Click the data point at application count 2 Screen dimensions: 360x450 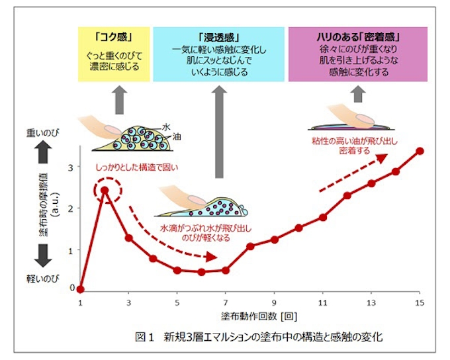point(105,190)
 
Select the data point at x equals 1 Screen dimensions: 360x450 point(80,289)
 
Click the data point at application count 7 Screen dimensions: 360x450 point(226,270)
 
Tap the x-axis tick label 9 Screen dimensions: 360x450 point(274,302)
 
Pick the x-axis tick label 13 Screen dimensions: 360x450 point(371,302)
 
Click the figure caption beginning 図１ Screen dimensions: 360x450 point(249,337)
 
